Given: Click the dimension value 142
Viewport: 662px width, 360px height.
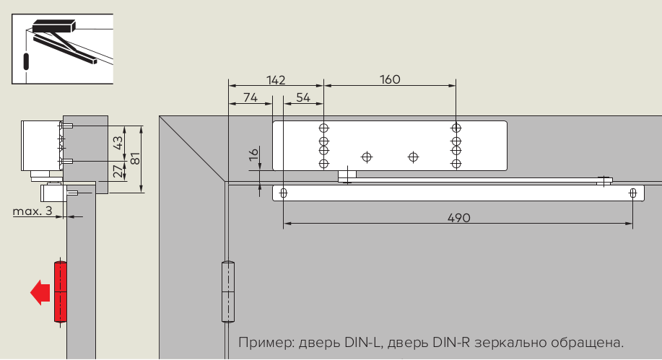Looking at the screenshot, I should click(x=276, y=79).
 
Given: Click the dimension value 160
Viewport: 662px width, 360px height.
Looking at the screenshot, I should click(x=390, y=79).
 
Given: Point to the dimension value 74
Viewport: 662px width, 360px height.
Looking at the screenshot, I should click(x=250, y=97).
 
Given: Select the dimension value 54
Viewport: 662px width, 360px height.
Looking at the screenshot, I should click(x=303, y=97).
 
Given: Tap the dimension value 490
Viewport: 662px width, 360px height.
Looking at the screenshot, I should click(x=458, y=217).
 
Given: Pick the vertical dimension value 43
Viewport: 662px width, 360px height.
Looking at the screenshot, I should click(x=118, y=143).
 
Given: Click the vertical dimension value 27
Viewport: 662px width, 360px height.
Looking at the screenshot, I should click(x=118, y=172).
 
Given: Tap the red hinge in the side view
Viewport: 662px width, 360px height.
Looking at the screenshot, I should click(x=60, y=291).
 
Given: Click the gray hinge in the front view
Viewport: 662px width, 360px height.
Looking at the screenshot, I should click(x=227, y=292).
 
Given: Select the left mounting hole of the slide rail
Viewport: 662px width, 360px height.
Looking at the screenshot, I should click(x=284, y=193).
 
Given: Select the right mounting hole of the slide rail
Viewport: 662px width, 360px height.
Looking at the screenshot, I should click(x=633, y=193).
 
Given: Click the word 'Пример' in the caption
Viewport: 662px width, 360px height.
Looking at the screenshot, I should click(x=262, y=341).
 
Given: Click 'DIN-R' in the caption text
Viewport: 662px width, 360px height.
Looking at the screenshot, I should click(x=453, y=341).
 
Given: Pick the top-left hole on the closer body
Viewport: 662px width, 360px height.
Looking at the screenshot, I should click(x=323, y=128).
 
